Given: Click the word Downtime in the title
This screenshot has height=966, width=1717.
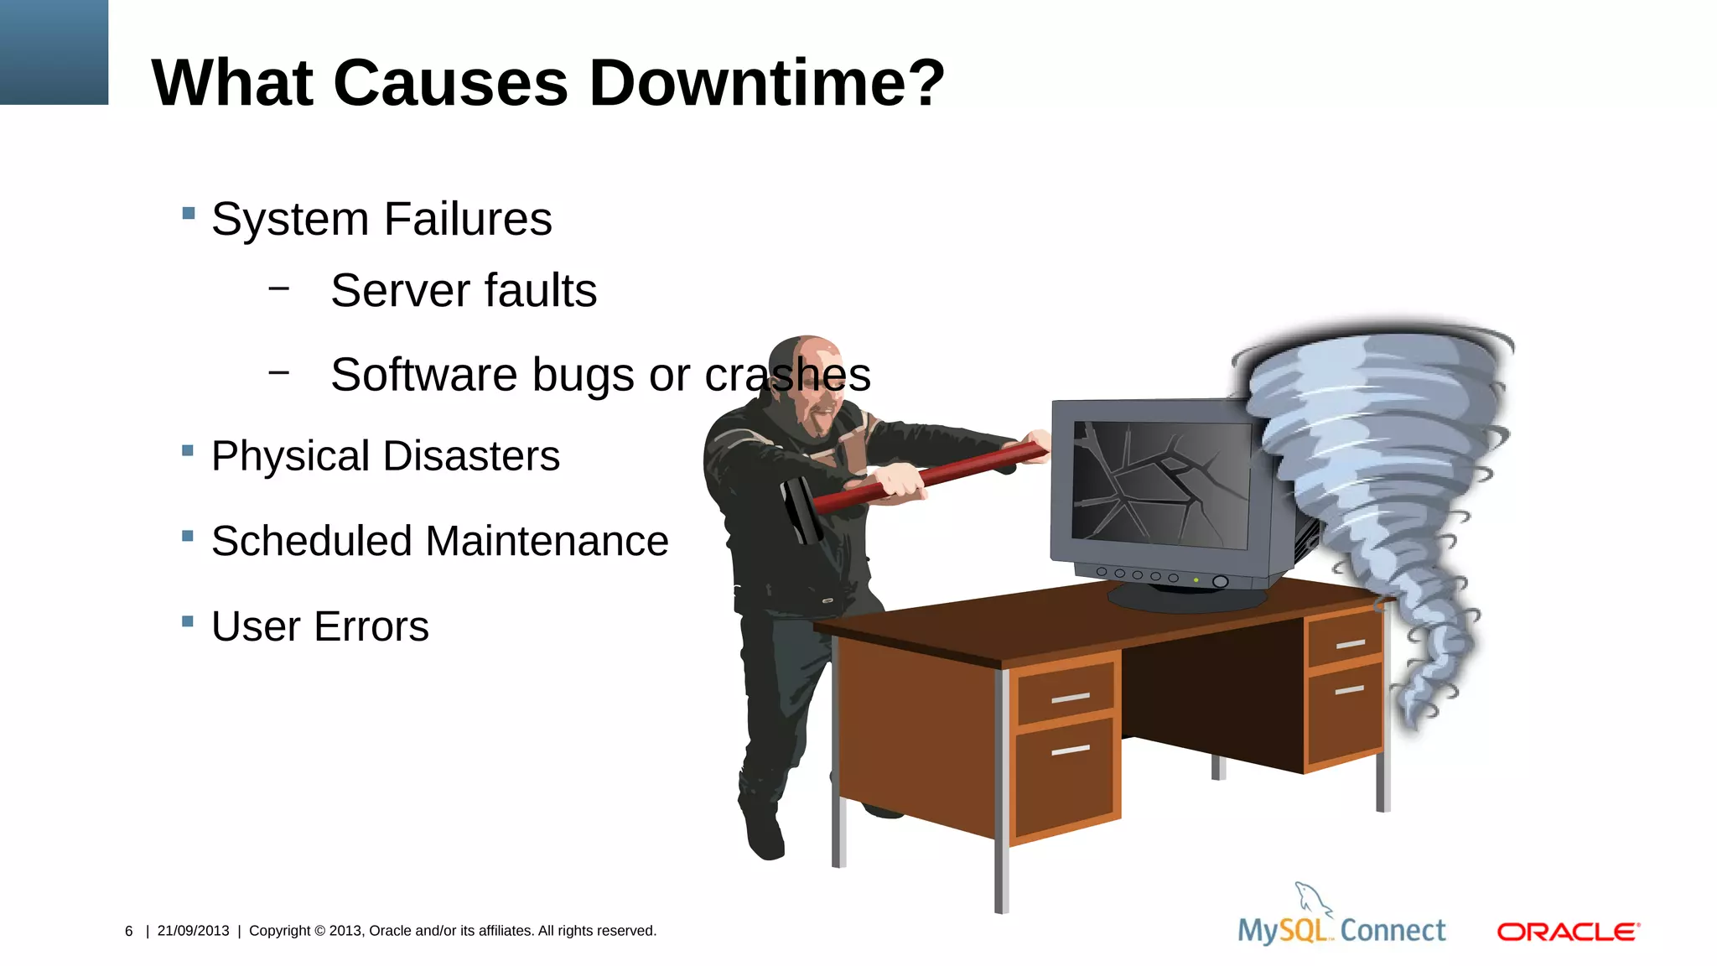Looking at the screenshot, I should tap(766, 83).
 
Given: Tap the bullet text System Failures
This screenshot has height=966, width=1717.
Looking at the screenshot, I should tap(381, 220).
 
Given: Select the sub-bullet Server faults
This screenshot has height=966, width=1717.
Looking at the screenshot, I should tap(463, 291).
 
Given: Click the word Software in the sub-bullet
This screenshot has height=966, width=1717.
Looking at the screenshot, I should tap(423, 375).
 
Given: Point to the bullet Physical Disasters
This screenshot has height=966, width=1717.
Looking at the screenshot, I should tap(385, 456).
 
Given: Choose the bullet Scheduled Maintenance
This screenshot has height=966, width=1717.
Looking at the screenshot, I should tap(439, 541).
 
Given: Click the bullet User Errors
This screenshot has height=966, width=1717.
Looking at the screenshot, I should tap(319, 626).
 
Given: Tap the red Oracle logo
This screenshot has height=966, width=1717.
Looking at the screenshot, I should tap(1568, 932).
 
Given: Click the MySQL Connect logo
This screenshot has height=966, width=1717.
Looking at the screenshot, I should tap(1341, 922).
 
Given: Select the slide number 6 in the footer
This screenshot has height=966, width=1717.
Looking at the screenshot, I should tap(129, 931).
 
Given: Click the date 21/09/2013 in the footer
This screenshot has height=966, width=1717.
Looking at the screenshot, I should tap(193, 931).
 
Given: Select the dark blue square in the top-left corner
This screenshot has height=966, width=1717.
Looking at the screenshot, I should tap(54, 52).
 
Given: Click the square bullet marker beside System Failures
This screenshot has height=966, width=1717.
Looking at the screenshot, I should tap(188, 213).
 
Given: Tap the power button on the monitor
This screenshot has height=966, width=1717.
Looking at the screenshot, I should tap(1220, 581).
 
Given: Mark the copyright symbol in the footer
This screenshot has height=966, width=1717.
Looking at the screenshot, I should tap(319, 931).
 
